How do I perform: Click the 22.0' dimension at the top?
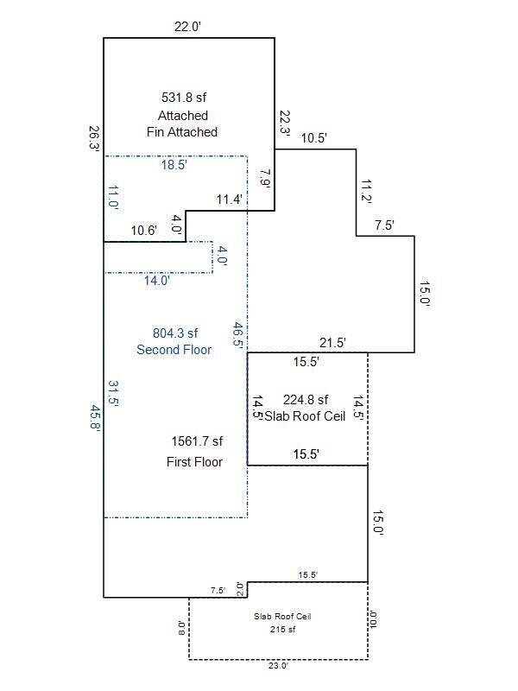(187, 27)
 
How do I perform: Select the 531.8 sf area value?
(185, 98)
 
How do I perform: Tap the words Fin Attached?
(181, 132)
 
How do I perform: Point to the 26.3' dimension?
(93, 139)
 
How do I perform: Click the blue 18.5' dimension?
(174, 165)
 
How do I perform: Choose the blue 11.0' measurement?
(113, 198)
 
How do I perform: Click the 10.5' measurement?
(313, 136)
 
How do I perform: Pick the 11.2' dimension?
(366, 192)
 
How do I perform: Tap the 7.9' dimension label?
(266, 179)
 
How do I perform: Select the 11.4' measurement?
(229, 200)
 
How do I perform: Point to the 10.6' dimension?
(143, 231)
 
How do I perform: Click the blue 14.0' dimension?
(157, 280)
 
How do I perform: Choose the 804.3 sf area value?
(175, 333)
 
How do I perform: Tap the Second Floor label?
(174, 350)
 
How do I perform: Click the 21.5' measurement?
(332, 343)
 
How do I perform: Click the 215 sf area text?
(281, 629)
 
